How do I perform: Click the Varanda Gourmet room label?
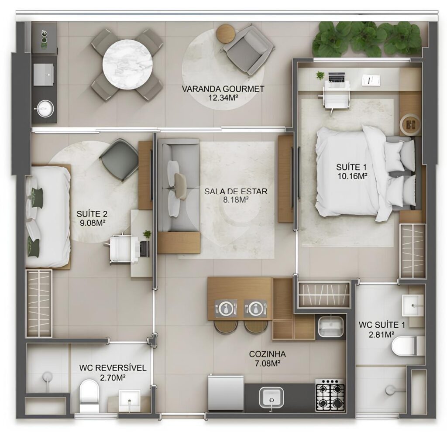click(x=223, y=89)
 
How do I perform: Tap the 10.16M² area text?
click(x=352, y=176)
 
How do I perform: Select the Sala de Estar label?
click(x=236, y=191)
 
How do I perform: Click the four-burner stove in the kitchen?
click(x=330, y=395)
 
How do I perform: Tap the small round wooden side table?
click(x=226, y=33)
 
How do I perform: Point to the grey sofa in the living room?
click(x=178, y=185)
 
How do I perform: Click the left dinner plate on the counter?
click(x=226, y=309)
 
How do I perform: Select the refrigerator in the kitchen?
click(x=226, y=393)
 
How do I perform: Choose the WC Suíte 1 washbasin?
click(x=413, y=305)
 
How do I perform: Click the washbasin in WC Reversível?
click(x=129, y=401)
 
